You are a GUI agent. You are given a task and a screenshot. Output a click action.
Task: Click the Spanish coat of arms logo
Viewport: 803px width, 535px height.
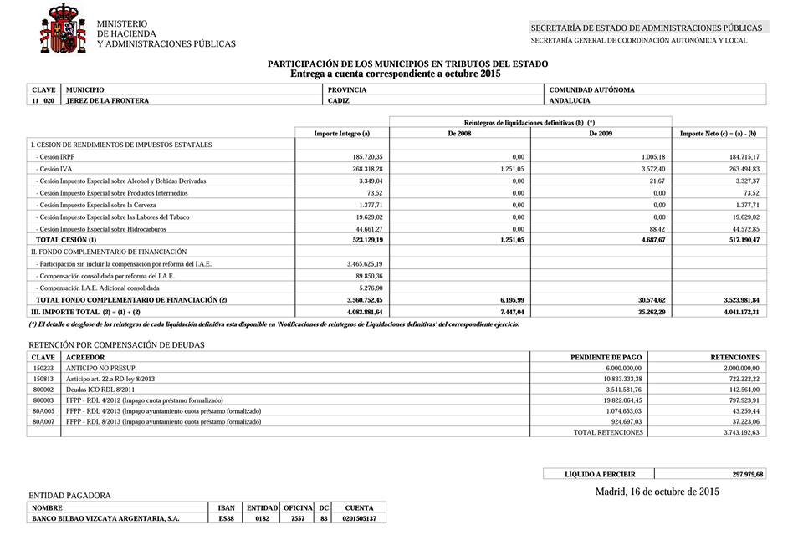(x=63, y=28)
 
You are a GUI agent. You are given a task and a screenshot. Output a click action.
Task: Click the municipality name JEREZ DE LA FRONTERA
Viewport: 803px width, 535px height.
(x=107, y=101)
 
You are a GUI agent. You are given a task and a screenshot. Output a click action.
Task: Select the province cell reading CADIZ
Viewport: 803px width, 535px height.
(x=339, y=101)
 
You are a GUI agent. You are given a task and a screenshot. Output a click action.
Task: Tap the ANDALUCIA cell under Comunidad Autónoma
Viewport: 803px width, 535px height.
(x=570, y=101)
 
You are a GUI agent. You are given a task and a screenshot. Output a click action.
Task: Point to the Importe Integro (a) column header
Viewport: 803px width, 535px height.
(x=341, y=134)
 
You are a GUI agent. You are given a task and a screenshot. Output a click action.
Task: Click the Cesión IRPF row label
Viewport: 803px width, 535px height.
(x=55, y=157)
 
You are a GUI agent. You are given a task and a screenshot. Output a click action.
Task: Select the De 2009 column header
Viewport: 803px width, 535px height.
(x=601, y=134)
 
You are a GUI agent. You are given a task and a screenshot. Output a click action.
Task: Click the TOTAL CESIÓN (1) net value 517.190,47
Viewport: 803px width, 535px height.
(x=739, y=240)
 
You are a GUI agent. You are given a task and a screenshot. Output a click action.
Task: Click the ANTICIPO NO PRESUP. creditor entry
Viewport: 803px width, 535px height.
(x=101, y=368)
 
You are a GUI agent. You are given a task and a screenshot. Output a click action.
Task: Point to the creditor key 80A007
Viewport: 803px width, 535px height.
(x=43, y=422)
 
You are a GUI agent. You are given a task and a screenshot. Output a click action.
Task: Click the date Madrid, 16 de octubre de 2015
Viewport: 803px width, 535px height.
(x=657, y=492)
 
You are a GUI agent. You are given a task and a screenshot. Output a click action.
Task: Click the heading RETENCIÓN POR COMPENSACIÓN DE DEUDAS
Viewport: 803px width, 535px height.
(x=116, y=344)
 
